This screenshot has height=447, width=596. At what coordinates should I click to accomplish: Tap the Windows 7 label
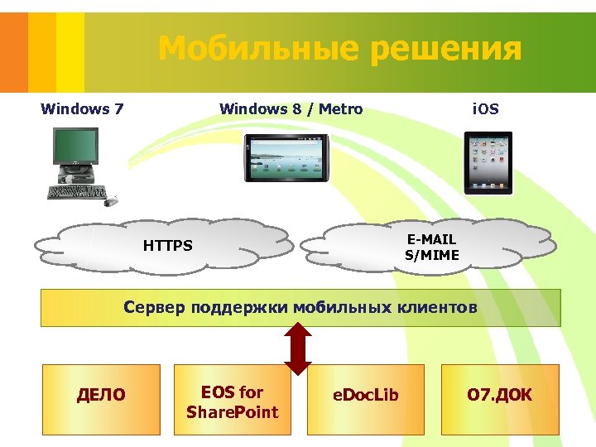(x=82, y=108)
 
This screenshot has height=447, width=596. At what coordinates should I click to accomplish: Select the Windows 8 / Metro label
(x=291, y=108)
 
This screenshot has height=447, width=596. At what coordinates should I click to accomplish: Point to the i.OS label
(x=485, y=108)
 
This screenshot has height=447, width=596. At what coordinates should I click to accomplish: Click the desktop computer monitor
(x=76, y=149)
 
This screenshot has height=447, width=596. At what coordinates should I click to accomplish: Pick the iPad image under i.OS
(x=488, y=162)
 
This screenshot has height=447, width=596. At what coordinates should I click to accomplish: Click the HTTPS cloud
(x=166, y=246)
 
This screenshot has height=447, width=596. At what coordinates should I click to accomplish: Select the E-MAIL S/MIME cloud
(x=430, y=246)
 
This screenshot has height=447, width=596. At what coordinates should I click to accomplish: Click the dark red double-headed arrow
(x=299, y=348)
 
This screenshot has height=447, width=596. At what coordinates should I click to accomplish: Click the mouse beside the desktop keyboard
(x=111, y=200)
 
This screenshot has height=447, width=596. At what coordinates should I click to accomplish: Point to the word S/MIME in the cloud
(x=431, y=255)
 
